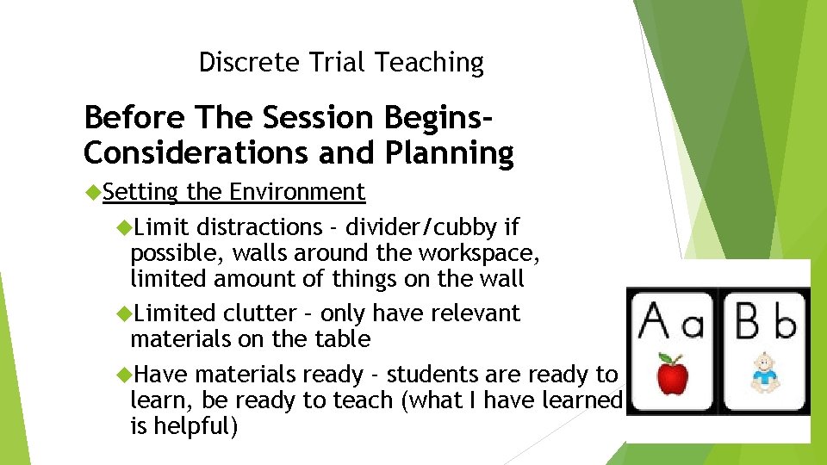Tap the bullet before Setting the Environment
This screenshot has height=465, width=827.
pos(94,192)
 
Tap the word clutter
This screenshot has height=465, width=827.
pos(261,313)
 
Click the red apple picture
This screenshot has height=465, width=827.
pos(671,375)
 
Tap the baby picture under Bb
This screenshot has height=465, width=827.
pos(763,373)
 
